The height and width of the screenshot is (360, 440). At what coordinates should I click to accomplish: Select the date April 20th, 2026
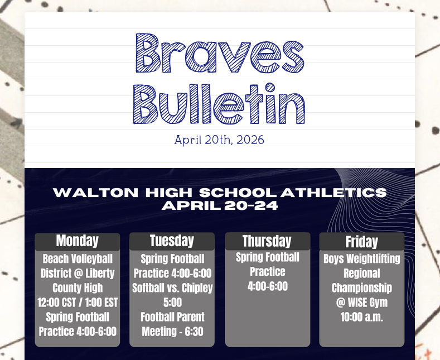[219, 140]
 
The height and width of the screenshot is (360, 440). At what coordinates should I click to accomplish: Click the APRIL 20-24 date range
[220, 205]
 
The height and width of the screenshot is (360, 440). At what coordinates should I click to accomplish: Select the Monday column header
[77, 241]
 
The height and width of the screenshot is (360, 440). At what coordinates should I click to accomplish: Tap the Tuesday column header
[172, 241]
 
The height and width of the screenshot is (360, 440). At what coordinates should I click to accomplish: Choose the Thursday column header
[267, 241]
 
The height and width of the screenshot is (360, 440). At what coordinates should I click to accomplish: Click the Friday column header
[361, 242]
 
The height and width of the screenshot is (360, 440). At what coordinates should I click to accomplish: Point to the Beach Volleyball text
[78, 259]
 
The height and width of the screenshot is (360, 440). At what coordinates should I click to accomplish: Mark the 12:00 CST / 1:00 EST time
[78, 303]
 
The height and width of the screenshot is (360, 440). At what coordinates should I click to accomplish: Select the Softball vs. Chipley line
[172, 288]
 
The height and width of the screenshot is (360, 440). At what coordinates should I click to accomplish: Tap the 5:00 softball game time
[172, 303]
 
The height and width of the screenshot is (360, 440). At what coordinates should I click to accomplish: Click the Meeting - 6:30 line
[172, 332]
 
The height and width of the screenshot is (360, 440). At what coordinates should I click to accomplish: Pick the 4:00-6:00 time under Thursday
[267, 286]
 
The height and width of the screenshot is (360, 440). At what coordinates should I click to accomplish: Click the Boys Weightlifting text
[361, 259]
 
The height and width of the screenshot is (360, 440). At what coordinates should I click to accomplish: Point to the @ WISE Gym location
[361, 303]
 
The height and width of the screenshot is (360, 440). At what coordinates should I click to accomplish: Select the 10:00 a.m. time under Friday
[361, 317]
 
